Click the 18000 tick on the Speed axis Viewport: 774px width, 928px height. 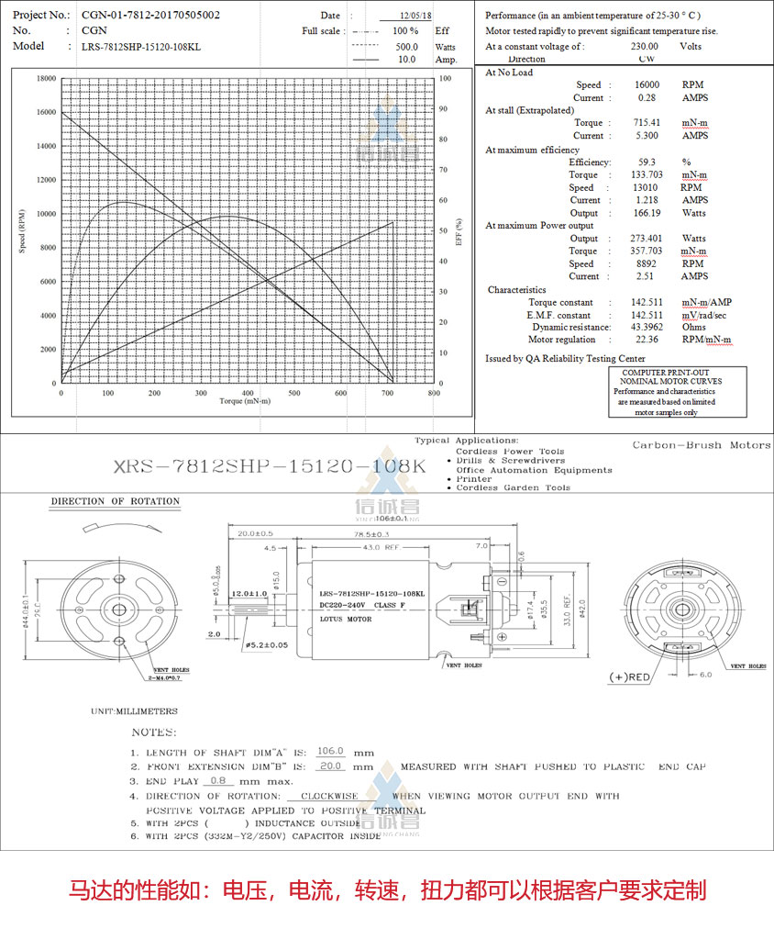(45, 79)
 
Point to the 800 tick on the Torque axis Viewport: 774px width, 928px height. (433, 393)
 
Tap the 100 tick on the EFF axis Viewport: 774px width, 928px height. (445, 79)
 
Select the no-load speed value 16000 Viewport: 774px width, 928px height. (647, 84)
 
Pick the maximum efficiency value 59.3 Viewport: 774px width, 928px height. (647, 162)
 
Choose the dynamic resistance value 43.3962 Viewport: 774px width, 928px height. (647, 327)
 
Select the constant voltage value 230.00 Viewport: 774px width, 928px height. (645, 46)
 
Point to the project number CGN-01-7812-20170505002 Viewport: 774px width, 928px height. (150, 15)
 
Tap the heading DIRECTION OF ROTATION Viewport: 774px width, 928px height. (116, 502)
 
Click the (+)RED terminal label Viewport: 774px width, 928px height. (631, 677)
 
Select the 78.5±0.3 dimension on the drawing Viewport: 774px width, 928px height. (370, 533)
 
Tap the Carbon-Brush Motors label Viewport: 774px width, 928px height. (702, 445)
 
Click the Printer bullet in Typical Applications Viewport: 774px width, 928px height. (474, 478)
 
